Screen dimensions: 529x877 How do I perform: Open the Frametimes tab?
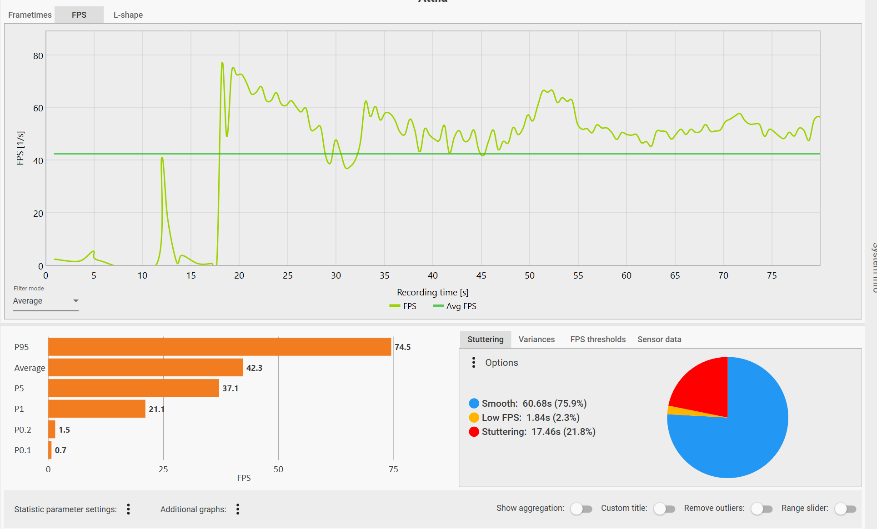[x=30, y=15]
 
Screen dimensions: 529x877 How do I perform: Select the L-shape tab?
[x=128, y=15]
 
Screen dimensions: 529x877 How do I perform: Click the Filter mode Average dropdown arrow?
[x=76, y=301]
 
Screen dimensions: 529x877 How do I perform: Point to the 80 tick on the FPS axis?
[x=38, y=56]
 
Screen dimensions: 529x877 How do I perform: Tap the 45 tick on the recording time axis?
[x=481, y=275]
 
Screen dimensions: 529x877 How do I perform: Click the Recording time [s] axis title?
[x=432, y=292]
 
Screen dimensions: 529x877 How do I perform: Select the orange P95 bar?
[x=220, y=347]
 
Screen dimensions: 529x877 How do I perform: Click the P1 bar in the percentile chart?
[x=97, y=409]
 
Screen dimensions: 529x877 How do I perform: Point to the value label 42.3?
[x=254, y=368]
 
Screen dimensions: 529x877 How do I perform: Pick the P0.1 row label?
[x=23, y=450]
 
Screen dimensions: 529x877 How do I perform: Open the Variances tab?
[x=536, y=339]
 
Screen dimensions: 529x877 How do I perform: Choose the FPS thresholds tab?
[x=598, y=339]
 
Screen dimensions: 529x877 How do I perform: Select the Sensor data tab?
[x=659, y=339]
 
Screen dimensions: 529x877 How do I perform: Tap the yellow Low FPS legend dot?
[x=474, y=418]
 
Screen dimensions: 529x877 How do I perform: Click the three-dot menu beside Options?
[x=474, y=362]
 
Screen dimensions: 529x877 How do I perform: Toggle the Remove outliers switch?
[x=762, y=509]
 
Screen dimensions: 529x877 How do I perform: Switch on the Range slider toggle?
[x=845, y=509]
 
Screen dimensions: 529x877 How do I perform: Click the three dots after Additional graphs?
[x=238, y=509]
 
